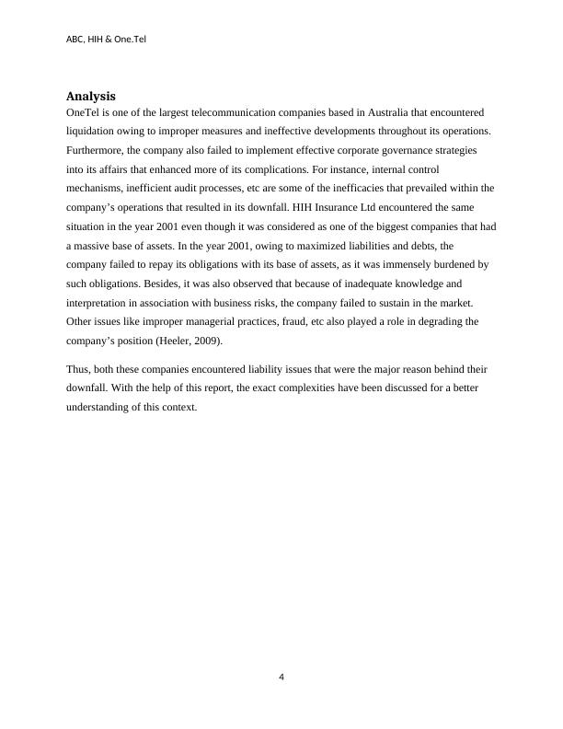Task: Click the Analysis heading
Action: (x=90, y=96)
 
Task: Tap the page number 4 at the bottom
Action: (x=281, y=677)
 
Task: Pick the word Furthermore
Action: (x=95, y=150)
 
